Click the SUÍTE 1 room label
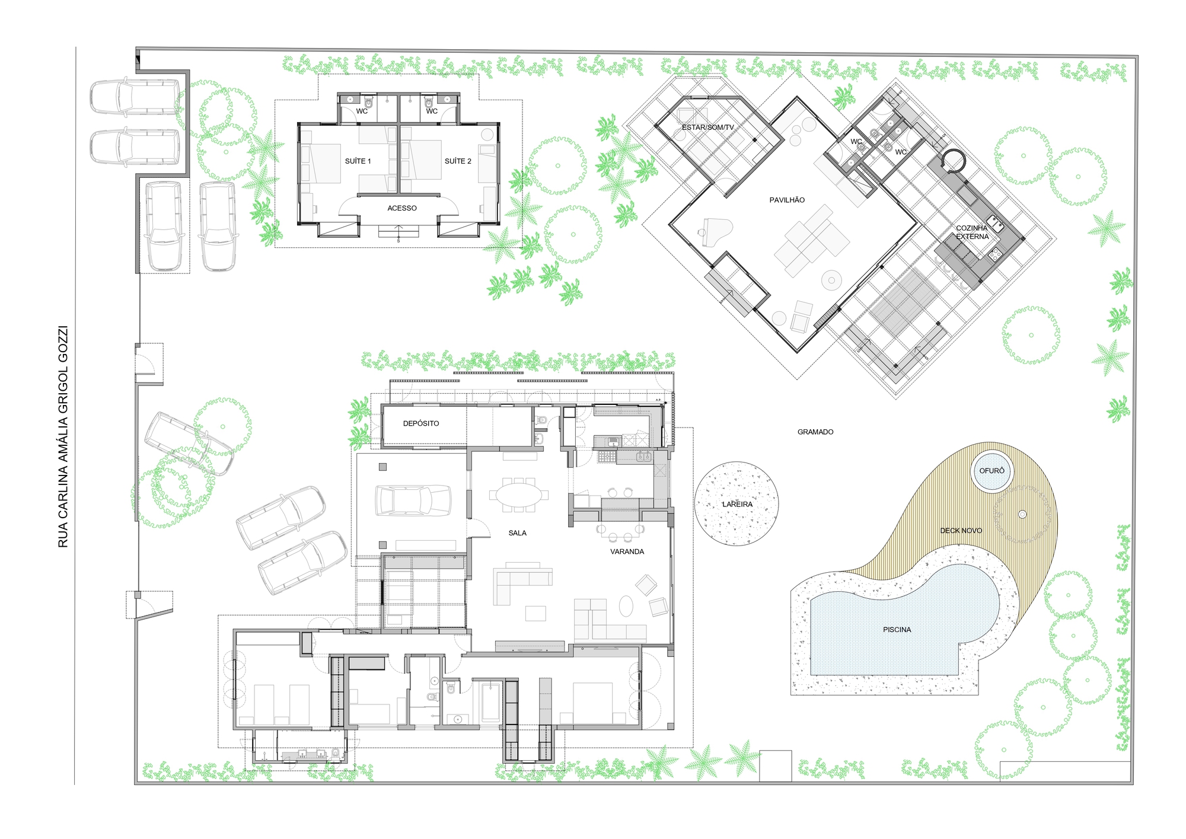[358, 161]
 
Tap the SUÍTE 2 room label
[458, 161]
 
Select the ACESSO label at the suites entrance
[402, 208]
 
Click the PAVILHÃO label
[787, 200]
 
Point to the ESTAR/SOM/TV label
[707, 127]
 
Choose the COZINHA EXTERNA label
[972, 232]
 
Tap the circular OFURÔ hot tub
[992, 471]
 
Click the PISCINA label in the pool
[897, 630]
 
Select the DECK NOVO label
[961, 531]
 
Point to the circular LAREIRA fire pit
[737, 504]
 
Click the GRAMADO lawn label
[815, 432]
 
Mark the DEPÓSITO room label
[421, 423]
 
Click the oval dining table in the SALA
[519, 495]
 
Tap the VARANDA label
[627, 552]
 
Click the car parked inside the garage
[413, 500]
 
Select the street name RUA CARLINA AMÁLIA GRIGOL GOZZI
[63, 436]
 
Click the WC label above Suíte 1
[362, 111]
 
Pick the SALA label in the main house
[517, 533]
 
